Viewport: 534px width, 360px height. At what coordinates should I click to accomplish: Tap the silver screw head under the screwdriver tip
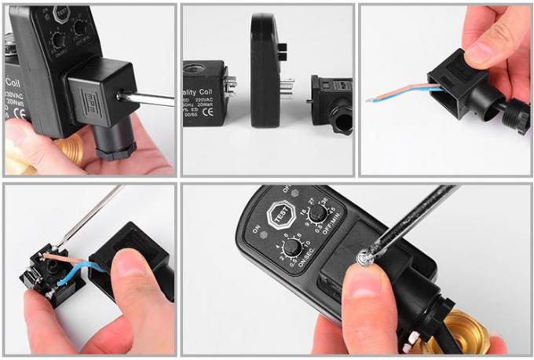coord(364,255)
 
